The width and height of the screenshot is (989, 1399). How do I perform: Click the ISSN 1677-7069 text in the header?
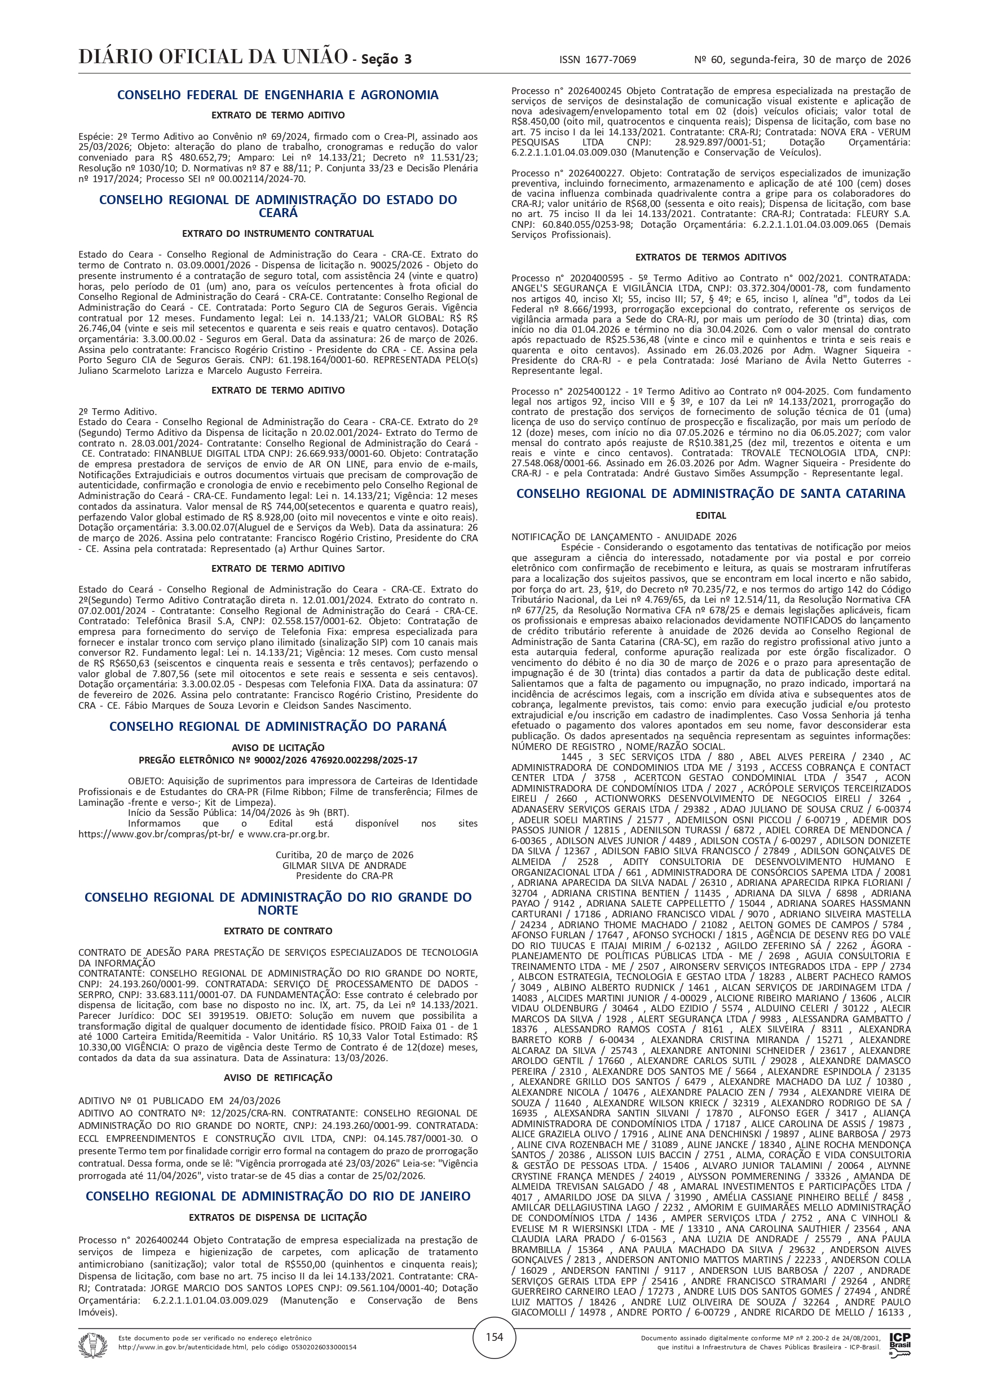597,60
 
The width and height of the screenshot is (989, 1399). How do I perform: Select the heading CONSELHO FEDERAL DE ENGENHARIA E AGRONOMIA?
278,95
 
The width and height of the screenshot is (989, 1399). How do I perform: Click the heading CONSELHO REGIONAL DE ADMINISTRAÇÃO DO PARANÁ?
278,726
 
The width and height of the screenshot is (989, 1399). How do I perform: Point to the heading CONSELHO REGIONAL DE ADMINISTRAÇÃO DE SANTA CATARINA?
710,493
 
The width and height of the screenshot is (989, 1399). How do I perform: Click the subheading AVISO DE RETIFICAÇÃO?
278,1077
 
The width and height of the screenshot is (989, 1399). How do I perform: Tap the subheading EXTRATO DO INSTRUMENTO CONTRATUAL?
278,233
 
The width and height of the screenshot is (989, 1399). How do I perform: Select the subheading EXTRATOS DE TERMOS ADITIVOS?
710,257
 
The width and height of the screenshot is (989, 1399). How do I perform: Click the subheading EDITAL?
710,515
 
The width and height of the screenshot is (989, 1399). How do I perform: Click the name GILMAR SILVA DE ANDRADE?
345,865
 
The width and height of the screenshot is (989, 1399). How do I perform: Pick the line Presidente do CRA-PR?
345,876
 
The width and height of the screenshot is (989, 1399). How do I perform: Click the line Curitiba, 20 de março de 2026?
345,855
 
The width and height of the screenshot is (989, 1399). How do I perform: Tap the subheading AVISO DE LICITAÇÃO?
278,748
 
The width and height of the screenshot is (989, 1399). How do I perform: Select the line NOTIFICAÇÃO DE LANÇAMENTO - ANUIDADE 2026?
624,537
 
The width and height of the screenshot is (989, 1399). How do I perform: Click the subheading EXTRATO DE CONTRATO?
278,931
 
